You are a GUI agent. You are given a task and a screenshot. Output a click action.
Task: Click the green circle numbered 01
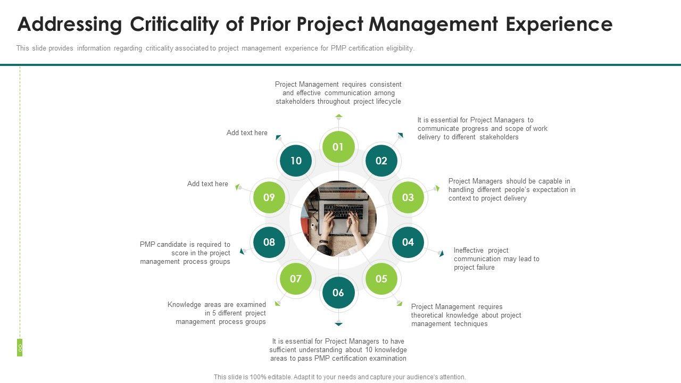338,147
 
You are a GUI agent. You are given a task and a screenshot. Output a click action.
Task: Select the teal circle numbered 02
381,161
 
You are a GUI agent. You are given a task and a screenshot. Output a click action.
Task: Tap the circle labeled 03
408,197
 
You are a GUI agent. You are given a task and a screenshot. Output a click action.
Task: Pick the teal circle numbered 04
408,242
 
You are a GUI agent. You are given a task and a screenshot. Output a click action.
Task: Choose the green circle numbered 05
381,279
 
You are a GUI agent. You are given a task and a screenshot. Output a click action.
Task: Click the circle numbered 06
338,293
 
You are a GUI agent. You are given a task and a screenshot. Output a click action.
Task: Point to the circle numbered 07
296,279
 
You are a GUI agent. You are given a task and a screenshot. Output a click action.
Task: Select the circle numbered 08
269,242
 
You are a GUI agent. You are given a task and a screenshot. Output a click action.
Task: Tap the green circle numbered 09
269,197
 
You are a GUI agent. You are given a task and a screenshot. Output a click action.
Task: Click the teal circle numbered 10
296,161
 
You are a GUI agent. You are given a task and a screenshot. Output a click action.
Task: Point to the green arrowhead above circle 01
339,115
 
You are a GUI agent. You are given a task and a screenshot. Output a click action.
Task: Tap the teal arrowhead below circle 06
338,323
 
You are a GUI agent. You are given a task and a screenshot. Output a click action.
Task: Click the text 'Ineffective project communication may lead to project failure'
496,259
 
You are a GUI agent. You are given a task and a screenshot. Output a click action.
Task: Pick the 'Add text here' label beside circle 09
207,184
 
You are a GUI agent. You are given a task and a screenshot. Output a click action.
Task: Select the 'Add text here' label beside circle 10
247,133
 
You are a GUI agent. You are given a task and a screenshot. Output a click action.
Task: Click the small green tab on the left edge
20,347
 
